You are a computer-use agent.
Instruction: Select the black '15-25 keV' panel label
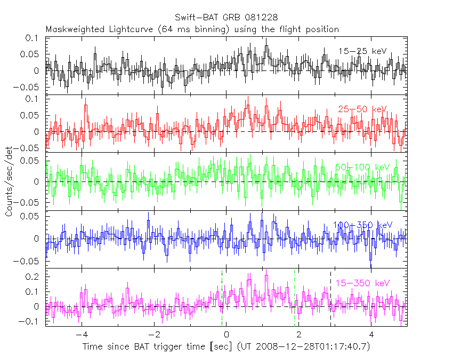[x=362, y=51]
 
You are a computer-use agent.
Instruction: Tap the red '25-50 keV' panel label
[x=362, y=109]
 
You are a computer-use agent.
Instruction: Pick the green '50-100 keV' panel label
[x=362, y=167]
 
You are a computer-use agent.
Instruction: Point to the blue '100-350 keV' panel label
[x=362, y=225]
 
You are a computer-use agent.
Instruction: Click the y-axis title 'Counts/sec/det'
[x=9, y=181]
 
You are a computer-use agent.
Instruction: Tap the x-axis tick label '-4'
[x=80, y=335]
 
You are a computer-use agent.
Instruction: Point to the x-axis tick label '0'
[x=227, y=335]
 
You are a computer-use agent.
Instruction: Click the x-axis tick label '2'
[x=300, y=335]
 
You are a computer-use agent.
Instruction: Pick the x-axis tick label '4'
[x=372, y=335]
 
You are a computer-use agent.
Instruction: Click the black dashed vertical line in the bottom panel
[x=331, y=299]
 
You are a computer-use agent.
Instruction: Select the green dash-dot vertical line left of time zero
[x=222, y=299]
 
